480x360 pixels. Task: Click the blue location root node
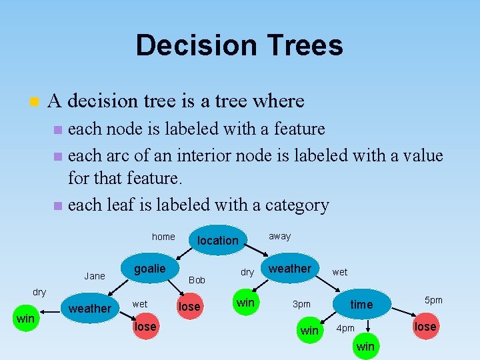[217, 240]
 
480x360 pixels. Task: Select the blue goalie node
[149, 268]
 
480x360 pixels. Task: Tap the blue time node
[361, 304]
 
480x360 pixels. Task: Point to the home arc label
[163, 237]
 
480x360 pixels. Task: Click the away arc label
[280, 236]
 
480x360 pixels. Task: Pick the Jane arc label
[95, 275]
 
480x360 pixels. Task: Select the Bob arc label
[197, 280]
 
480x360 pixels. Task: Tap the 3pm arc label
[302, 304]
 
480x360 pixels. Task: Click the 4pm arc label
[345, 328]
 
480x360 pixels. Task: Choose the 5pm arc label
[433, 300]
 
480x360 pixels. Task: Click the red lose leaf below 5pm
[425, 326]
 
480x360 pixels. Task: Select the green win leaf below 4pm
[365, 347]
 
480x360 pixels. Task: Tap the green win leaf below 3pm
[309, 331]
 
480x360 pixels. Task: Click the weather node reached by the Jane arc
[90, 308]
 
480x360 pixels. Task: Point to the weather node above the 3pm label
[289, 269]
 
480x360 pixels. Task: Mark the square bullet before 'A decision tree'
[34, 102]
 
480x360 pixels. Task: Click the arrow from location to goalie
[183, 255]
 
